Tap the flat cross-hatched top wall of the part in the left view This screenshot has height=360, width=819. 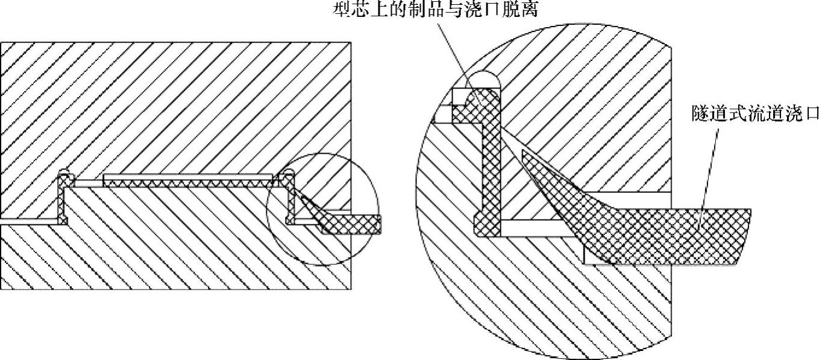(187, 180)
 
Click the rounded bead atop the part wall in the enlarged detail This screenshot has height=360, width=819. (486, 100)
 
